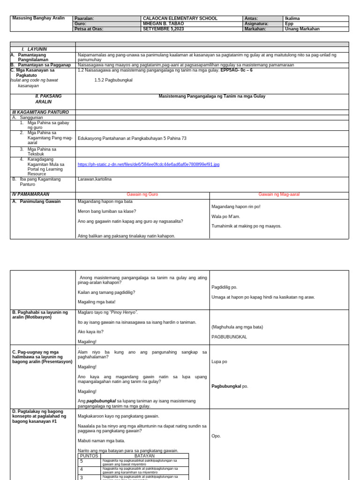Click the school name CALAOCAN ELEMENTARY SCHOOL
[180, 19]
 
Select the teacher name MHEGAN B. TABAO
[164, 24]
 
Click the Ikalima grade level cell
[292, 19]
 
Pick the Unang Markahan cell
[302, 29]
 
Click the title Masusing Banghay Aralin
[38, 18]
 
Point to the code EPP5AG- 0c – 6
[236, 70]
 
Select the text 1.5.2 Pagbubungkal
[113, 80]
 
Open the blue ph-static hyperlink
[148, 165]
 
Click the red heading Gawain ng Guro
[142, 195]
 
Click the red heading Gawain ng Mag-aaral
[279, 195]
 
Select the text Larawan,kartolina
[95, 179]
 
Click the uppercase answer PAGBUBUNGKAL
[229, 337]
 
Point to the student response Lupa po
[219, 362]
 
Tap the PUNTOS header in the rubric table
[89, 456]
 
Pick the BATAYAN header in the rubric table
[144, 456]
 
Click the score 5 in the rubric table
[82, 461]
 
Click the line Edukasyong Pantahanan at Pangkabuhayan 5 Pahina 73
[132, 138]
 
